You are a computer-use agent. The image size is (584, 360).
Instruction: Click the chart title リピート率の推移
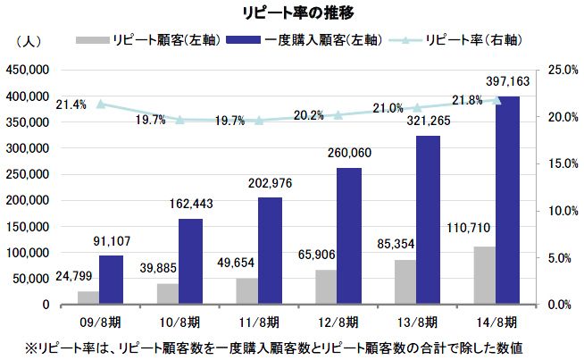coord(291,13)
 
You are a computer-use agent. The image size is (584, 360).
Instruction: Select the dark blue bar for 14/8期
coord(507,200)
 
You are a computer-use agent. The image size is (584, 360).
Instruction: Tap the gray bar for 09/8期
coord(88,297)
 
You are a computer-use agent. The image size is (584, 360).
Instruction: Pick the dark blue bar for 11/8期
coord(270,251)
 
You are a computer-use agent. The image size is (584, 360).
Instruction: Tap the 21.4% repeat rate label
coord(71,105)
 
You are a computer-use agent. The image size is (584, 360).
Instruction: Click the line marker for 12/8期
coord(338,115)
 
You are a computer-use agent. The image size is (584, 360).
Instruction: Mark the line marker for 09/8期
coord(101,104)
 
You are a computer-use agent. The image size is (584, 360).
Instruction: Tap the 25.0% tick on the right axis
coord(558,70)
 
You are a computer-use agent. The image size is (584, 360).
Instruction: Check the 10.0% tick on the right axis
coord(558,211)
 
